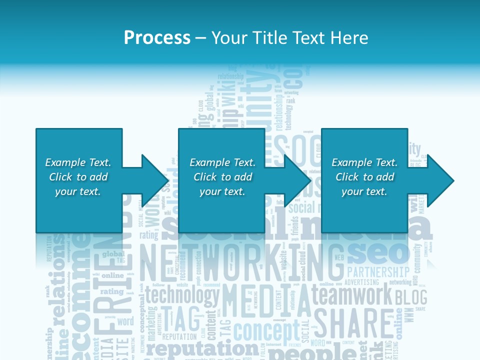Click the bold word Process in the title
click(x=157, y=37)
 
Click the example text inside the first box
click(x=78, y=177)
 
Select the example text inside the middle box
click(x=222, y=177)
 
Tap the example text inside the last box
click(x=364, y=177)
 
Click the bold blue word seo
click(x=378, y=253)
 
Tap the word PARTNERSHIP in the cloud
click(x=378, y=272)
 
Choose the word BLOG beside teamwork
click(x=411, y=297)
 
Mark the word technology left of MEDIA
click(x=182, y=295)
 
